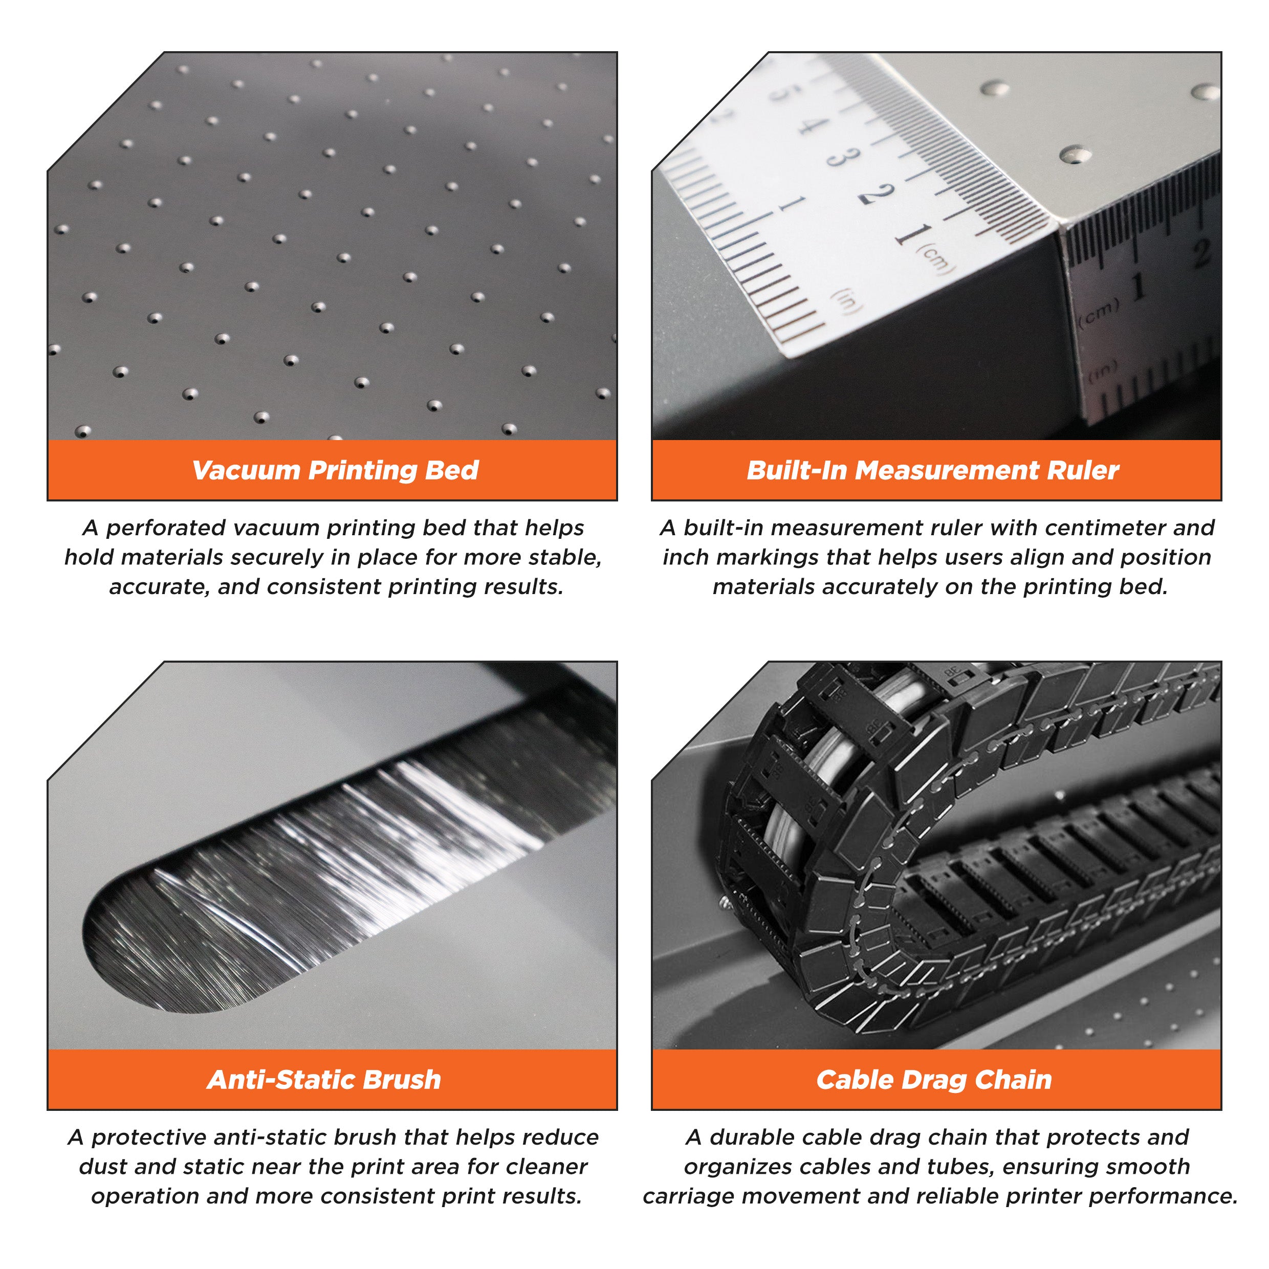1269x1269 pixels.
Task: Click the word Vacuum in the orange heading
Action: pos(246,470)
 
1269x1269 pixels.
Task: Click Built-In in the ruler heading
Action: pos(797,470)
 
